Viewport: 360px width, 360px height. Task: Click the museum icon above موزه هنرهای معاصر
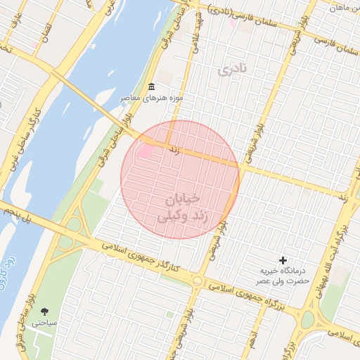tap(151, 86)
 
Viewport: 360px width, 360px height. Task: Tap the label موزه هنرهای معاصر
tap(151, 98)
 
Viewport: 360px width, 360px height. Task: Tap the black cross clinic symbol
tap(283, 260)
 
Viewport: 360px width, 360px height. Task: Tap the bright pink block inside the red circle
tap(146, 150)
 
